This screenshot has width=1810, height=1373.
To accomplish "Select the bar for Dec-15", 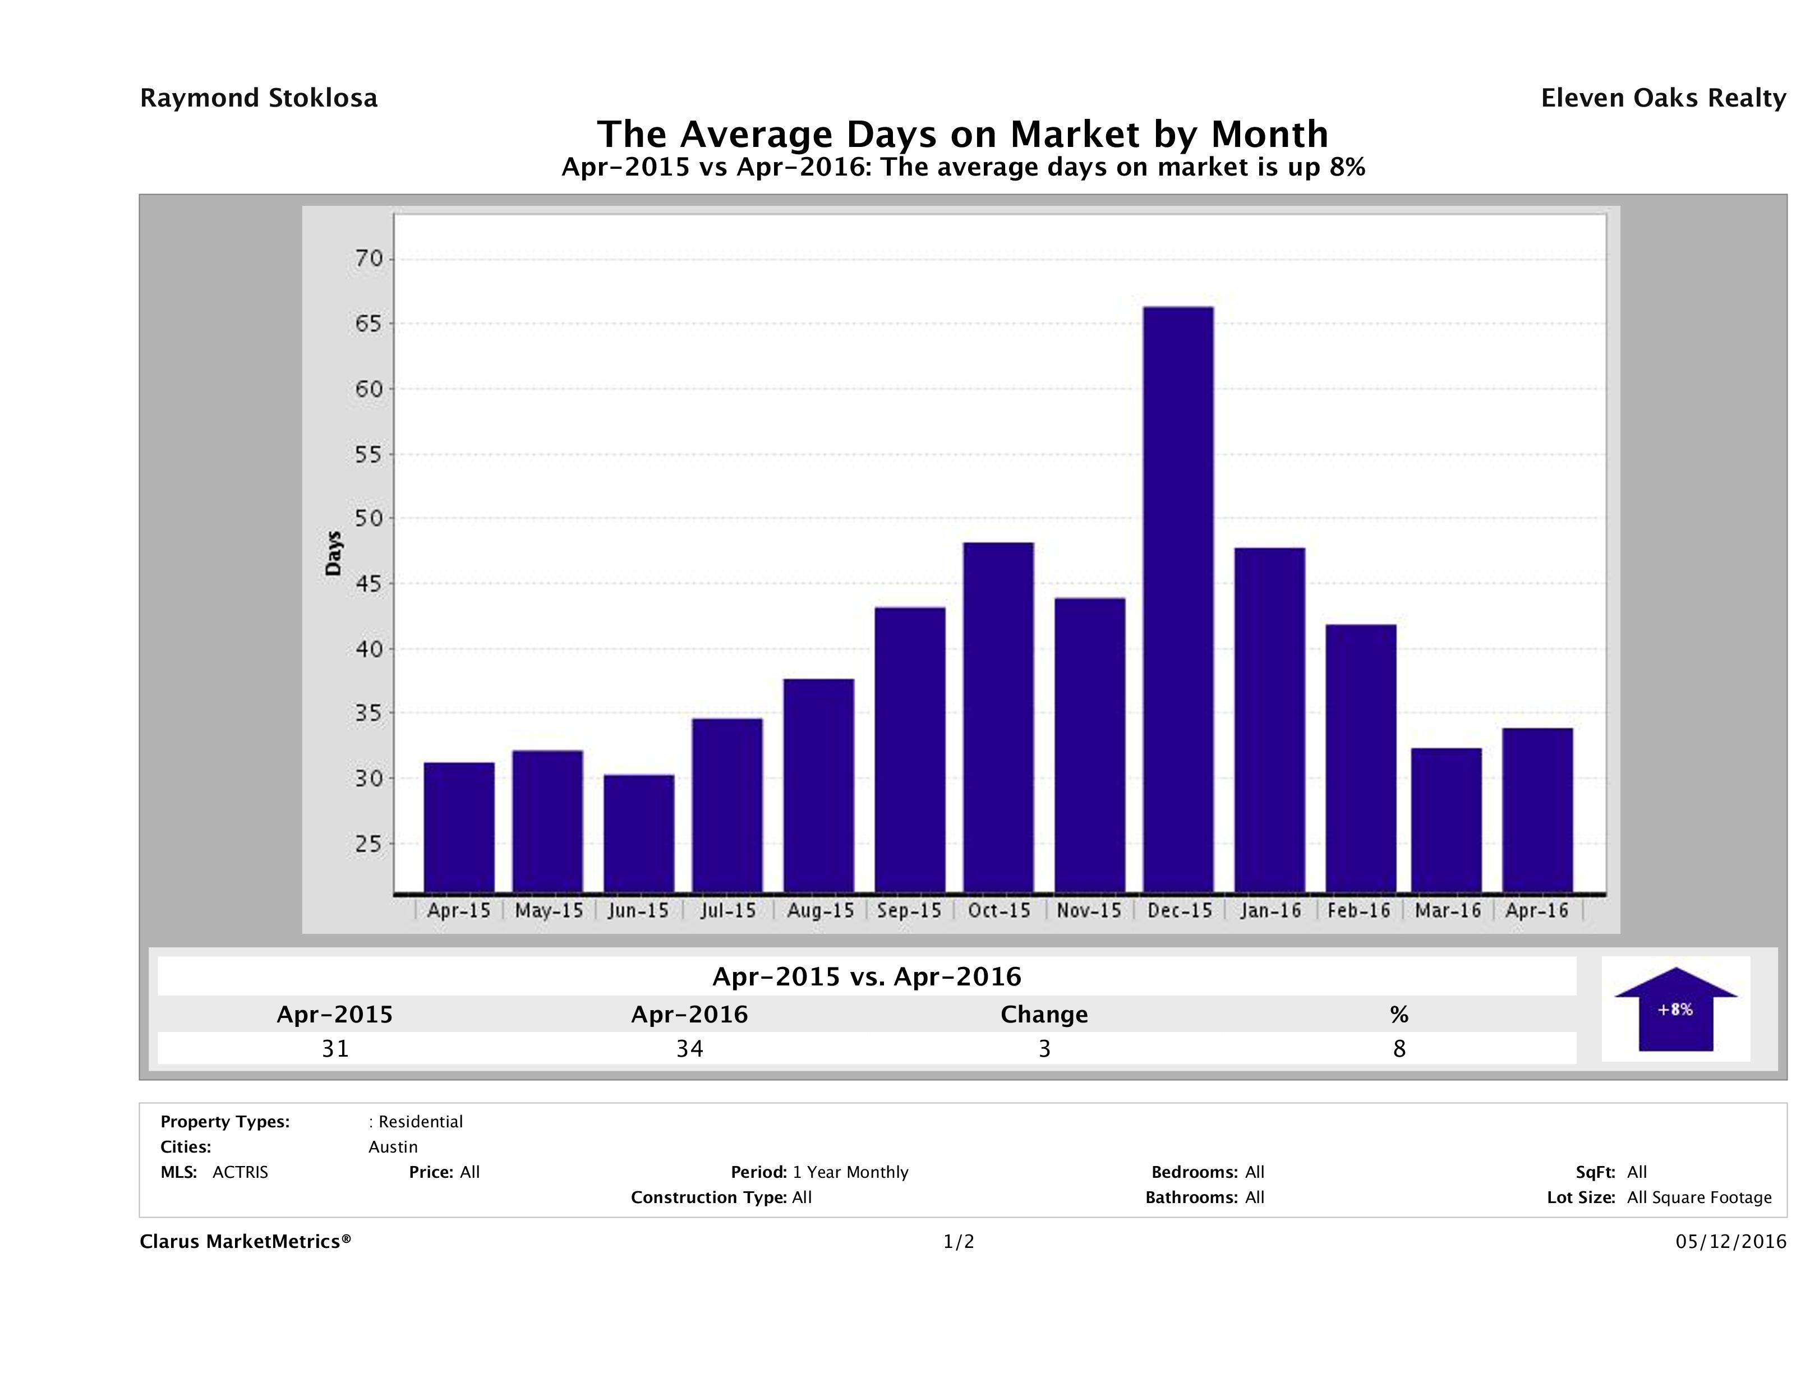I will pos(1178,599).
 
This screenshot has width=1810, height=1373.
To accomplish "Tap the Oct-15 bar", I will pos(998,717).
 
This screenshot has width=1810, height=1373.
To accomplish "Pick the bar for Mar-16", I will pos(1447,820).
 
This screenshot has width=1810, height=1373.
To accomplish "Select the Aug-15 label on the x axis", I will pos(820,911).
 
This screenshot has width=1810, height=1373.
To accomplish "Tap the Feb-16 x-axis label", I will pos(1358,911).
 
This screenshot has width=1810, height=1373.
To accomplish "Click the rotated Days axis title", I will pos(333,553).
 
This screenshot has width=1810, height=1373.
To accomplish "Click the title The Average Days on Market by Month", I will pos(962,134).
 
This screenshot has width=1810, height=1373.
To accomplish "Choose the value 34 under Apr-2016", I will pos(690,1048).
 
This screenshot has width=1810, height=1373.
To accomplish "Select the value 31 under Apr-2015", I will pos(335,1048).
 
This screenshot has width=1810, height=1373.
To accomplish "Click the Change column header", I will pos(1044,1015).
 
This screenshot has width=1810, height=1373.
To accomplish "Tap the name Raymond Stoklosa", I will pos(259,98).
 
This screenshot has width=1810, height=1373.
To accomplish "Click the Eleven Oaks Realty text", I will pos(1662,98).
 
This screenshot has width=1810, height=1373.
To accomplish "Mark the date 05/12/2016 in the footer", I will pos(1730,1242).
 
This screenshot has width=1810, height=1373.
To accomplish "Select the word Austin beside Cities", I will pos(393,1147).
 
